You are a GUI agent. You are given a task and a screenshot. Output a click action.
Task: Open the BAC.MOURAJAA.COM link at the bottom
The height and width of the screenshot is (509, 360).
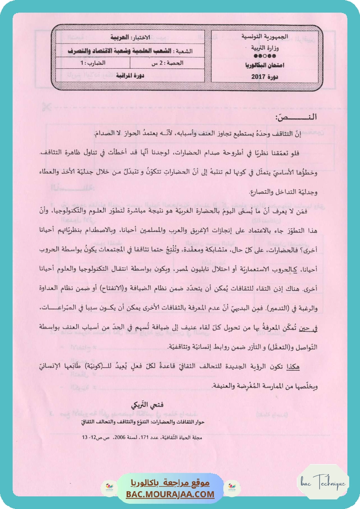click(170, 494)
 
